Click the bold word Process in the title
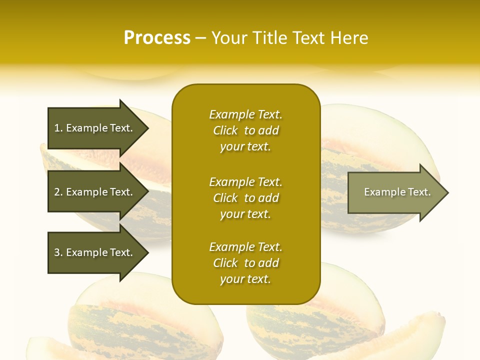157,38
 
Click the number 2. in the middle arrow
58,192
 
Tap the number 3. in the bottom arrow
58,252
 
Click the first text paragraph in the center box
245,130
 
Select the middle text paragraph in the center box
245,198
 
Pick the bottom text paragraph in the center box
245,263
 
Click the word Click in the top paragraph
225,130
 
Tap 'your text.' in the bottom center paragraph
245,279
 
